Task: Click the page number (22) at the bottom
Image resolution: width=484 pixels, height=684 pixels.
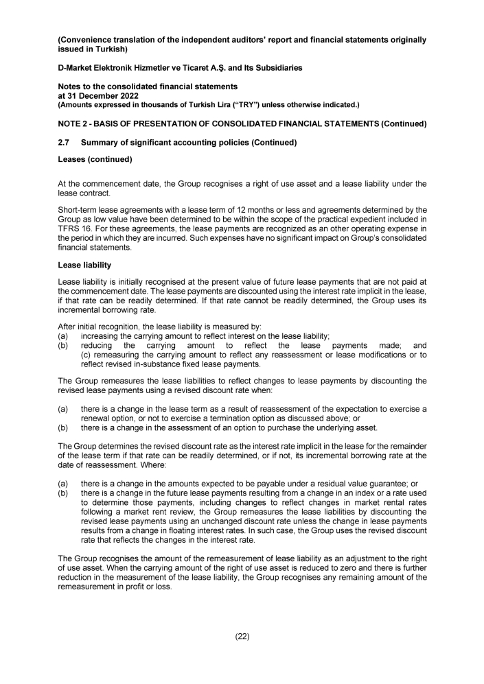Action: [242, 637]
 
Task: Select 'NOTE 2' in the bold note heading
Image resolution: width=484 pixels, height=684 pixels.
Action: [75, 123]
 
